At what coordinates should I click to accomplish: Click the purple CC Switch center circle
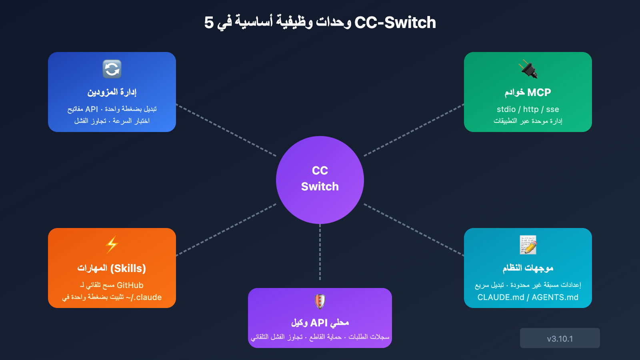click(320, 180)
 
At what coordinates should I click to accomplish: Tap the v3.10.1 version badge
click(560, 338)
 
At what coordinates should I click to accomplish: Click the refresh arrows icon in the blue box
click(112, 69)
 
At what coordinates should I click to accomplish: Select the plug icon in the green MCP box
click(528, 69)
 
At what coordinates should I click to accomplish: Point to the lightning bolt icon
click(112, 245)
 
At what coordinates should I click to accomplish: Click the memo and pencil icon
click(528, 245)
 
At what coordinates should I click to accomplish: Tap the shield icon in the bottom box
click(320, 302)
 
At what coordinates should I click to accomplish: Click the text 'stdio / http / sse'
click(528, 109)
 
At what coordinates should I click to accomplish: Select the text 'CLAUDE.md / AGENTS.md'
click(528, 297)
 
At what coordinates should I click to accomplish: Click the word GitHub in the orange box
click(130, 285)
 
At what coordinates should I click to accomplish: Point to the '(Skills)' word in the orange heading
click(128, 268)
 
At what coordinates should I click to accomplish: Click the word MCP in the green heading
click(539, 92)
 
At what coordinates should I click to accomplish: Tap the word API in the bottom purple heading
click(319, 322)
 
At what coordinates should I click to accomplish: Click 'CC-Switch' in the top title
click(395, 23)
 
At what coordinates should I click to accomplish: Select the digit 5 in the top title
click(209, 23)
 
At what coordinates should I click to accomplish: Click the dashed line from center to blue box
click(226, 130)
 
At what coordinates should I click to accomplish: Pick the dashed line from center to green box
click(414, 130)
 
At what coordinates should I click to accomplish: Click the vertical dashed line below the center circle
click(320, 252)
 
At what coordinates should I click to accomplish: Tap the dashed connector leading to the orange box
click(226, 230)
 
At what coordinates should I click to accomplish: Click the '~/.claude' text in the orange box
click(144, 297)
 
